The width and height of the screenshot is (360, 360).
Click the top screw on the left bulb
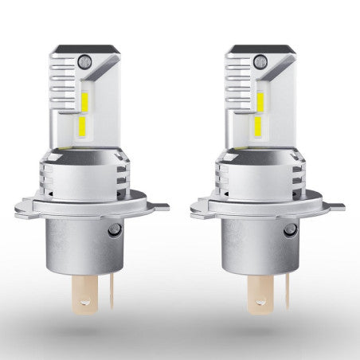point(85,60)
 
